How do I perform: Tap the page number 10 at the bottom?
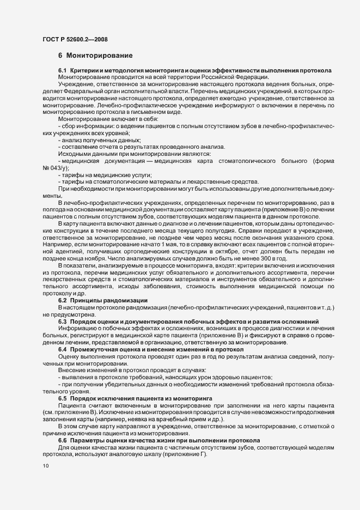tap(45, 465)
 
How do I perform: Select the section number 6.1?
tap(62, 71)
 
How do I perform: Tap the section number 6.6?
tap(62, 425)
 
